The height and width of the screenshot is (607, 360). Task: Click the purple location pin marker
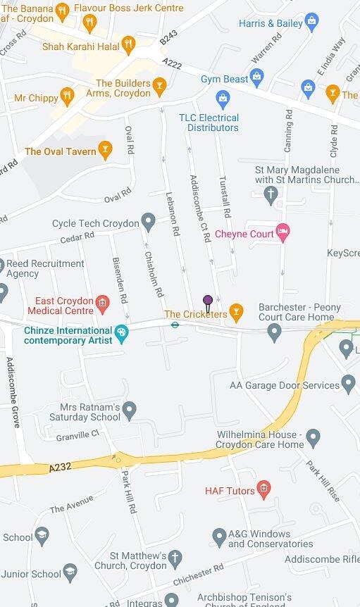[208, 301]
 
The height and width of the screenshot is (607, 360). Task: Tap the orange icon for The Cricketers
[237, 310]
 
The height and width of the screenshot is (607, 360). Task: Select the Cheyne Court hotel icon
[283, 233]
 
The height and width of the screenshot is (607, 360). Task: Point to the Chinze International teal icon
[122, 331]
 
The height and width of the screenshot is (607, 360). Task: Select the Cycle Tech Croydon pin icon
[148, 223]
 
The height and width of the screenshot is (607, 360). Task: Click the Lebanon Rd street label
[173, 213]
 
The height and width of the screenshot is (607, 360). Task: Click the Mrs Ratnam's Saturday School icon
[129, 408]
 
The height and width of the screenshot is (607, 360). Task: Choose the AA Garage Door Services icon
[348, 384]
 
